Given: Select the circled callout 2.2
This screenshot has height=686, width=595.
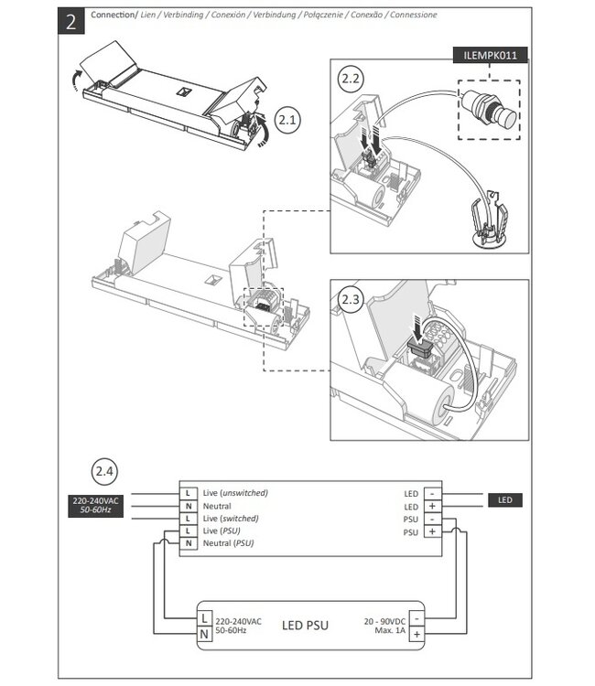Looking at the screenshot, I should tap(350, 80).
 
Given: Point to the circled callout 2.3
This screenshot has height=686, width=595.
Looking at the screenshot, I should tap(352, 301).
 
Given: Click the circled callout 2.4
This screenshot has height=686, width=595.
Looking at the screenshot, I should tap(104, 472).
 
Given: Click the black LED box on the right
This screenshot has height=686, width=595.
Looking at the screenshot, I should tap(504, 500).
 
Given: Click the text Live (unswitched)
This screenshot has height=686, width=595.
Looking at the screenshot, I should tap(235, 493).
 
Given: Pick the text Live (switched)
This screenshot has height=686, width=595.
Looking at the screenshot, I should tap(231, 519).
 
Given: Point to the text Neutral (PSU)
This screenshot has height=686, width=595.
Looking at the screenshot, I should tap(228, 543).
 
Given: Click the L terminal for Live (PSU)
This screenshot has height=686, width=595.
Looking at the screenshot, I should tap(189, 531).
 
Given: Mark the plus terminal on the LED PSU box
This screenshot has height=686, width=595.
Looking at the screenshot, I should tap(416, 634).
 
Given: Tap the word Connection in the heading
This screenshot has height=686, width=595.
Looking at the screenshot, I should tap(114, 15).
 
